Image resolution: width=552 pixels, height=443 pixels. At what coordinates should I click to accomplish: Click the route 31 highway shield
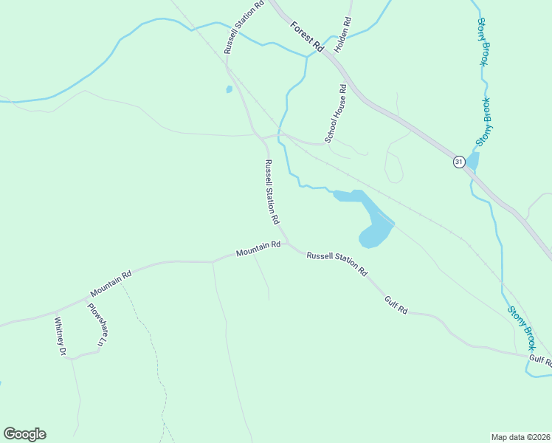click(458, 162)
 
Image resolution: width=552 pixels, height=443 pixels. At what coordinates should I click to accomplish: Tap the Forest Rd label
click(308, 36)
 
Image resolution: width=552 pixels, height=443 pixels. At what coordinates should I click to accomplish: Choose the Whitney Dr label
click(60, 337)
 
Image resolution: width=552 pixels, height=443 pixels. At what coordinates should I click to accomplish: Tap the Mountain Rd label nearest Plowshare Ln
click(111, 283)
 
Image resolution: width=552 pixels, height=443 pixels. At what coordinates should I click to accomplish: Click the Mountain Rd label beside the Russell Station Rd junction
click(258, 250)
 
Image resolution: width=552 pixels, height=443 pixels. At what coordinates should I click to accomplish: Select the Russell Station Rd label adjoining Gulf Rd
click(337, 263)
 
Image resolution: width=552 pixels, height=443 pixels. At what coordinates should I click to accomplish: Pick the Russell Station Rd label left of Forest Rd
click(244, 26)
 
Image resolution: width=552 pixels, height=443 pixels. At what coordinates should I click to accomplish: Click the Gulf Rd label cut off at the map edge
click(540, 360)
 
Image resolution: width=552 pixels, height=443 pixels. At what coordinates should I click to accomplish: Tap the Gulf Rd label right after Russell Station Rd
click(396, 305)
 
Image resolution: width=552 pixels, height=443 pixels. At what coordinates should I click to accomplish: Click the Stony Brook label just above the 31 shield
click(483, 122)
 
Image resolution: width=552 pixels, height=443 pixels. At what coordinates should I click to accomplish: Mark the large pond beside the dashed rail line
click(373, 221)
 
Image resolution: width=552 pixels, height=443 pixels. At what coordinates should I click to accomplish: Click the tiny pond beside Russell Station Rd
click(229, 89)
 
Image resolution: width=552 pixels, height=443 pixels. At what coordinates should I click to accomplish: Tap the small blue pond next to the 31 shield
click(472, 159)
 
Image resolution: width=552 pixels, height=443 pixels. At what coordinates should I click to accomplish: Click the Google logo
click(24, 434)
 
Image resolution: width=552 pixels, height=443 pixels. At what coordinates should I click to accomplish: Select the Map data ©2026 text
click(520, 437)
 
